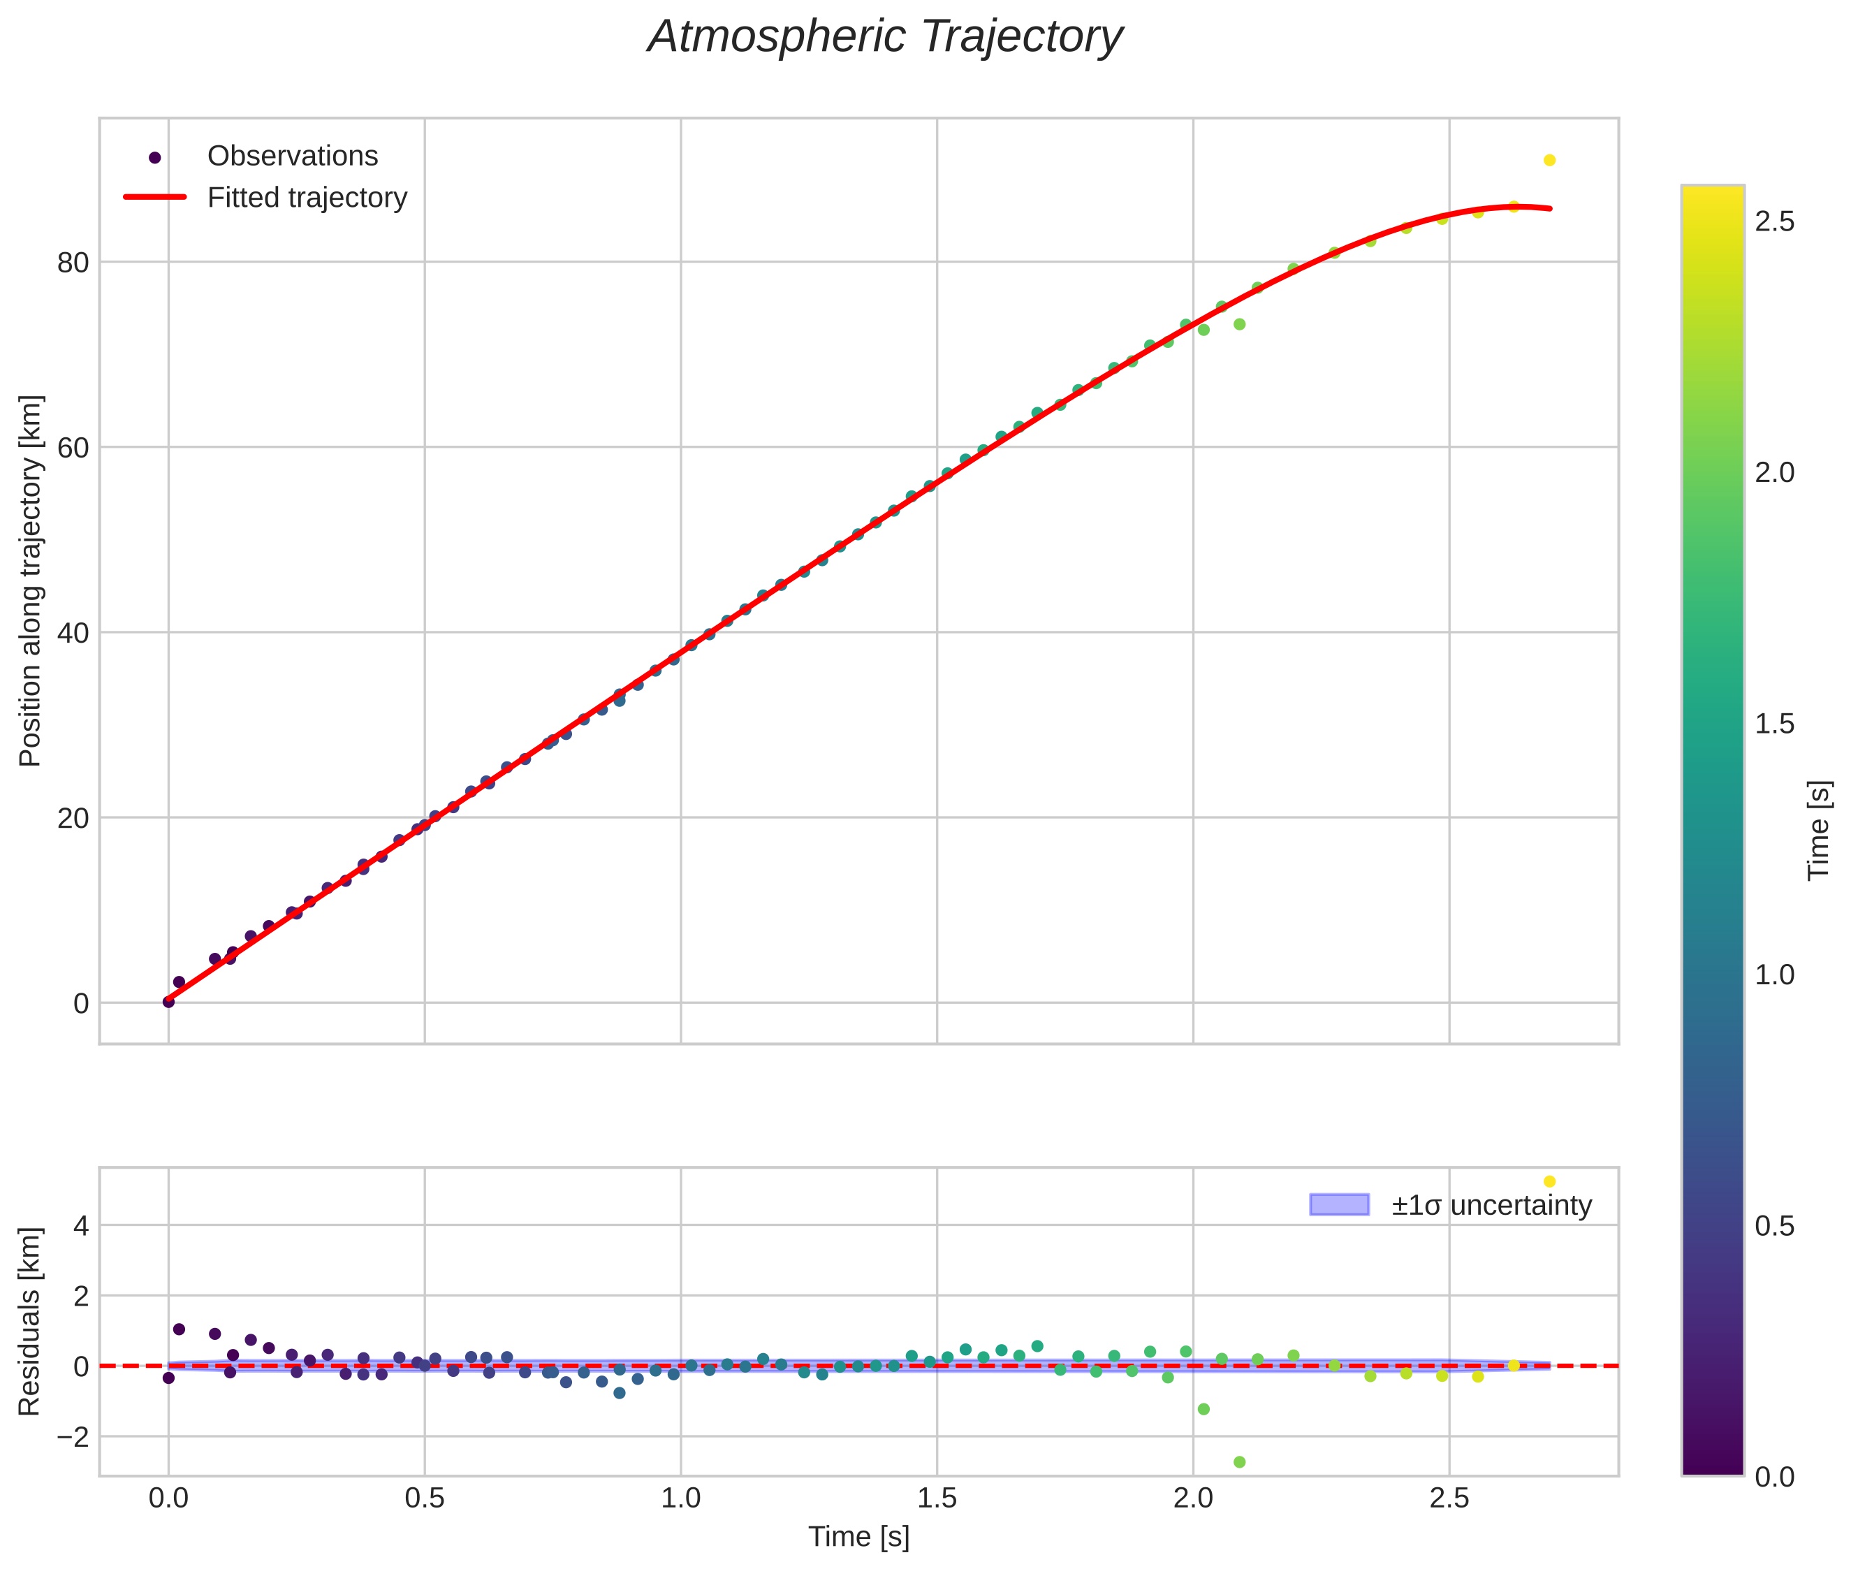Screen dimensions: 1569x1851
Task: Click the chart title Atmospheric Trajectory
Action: [x=885, y=37]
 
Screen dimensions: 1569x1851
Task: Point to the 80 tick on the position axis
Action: [x=73, y=263]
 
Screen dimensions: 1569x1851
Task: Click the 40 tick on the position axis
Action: [x=73, y=634]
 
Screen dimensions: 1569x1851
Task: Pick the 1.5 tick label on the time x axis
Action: [x=937, y=1498]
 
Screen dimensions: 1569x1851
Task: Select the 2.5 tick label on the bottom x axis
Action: [x=1449, y=1498]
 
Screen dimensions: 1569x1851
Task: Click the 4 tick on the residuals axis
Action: [x=81, y=1226]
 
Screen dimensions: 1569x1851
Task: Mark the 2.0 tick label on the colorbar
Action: [x=1774, y=473]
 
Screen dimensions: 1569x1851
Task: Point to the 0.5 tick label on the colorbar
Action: [x=1774, y=1227]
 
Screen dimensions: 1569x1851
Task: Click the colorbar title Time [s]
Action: [x=1819, y=830]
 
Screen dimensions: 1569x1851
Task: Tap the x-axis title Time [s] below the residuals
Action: [x=858, y=1537]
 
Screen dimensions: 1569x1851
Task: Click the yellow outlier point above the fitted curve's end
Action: [x=1549, y=160]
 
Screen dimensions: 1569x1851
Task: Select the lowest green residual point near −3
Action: [x=1239, y=1462]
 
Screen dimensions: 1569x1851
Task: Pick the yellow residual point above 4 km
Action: [x=1549, y=1181]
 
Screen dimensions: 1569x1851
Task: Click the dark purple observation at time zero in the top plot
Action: [x=168, y=1002]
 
